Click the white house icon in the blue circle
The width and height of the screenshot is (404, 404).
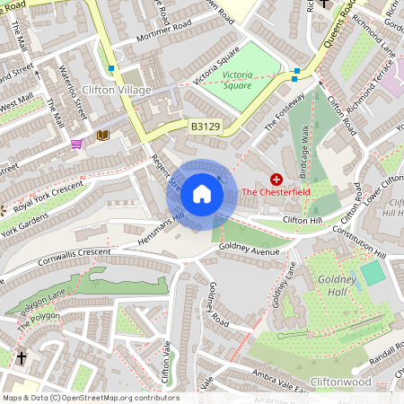click(202, 193)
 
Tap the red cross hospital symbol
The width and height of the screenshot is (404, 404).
click(277, 180)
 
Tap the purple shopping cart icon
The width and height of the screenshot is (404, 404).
click(77, 143)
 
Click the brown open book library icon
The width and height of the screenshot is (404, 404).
click(102, 135)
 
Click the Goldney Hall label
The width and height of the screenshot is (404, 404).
click(338, 286)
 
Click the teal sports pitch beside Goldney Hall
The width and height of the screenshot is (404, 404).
click(373, 272)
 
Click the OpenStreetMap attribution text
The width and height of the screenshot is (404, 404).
click(90, 398)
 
